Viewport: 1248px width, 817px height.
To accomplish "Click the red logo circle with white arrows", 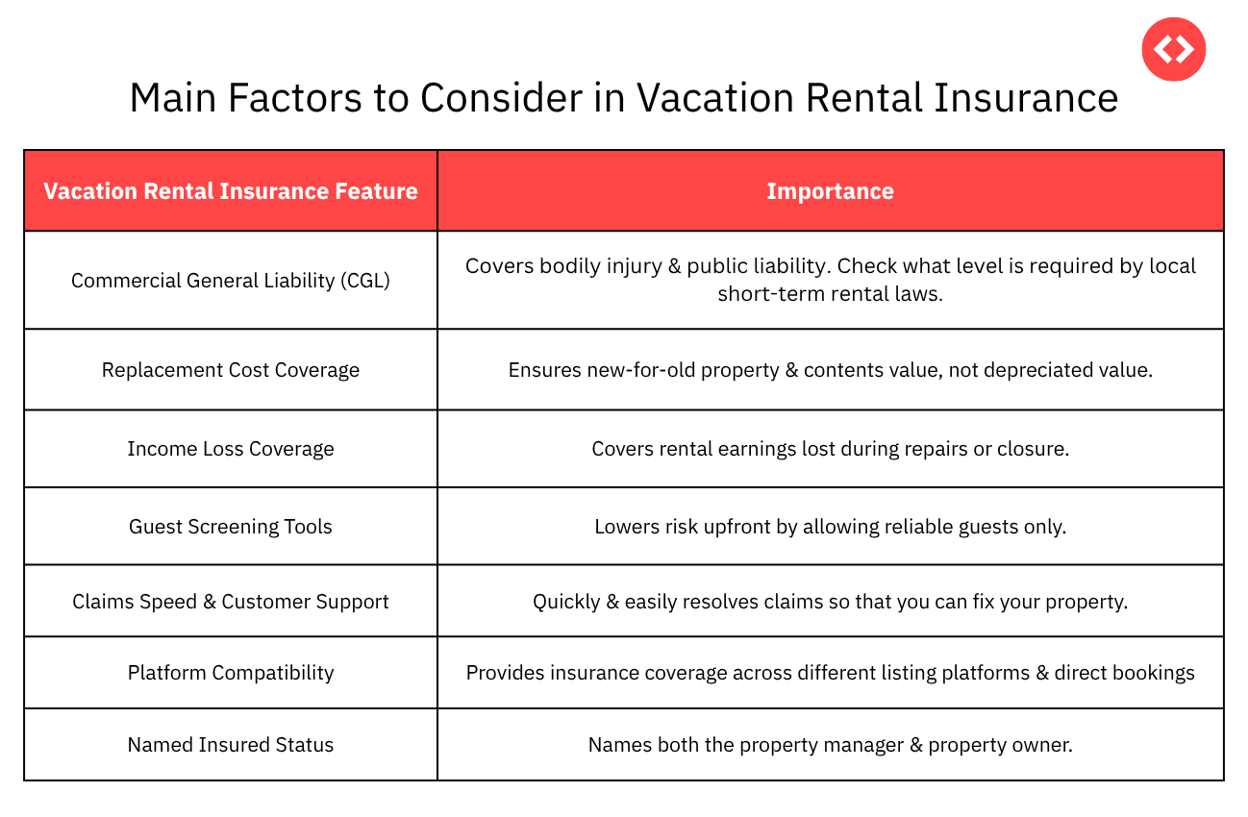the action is (x=1173, y=49).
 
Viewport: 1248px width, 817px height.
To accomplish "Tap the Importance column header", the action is (x=830, y=191).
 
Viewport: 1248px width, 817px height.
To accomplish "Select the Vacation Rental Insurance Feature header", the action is (x=231, y=191).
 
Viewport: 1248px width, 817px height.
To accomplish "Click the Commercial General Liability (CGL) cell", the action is (x=231, y=280).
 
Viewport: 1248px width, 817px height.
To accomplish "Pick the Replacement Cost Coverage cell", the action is (x=231, y=370).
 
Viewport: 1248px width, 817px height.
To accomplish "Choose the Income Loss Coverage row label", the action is (x=231, y=449).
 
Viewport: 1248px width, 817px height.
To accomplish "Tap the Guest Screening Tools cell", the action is (x=231, y=527).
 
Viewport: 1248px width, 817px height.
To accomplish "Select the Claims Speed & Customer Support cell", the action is (x=231, y=602).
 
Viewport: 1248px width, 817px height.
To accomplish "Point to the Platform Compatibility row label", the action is (x=231, y=673).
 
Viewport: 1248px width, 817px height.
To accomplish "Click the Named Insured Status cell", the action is (x=231, y=745).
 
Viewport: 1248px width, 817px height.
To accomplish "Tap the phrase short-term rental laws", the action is (x=830, y=293).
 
